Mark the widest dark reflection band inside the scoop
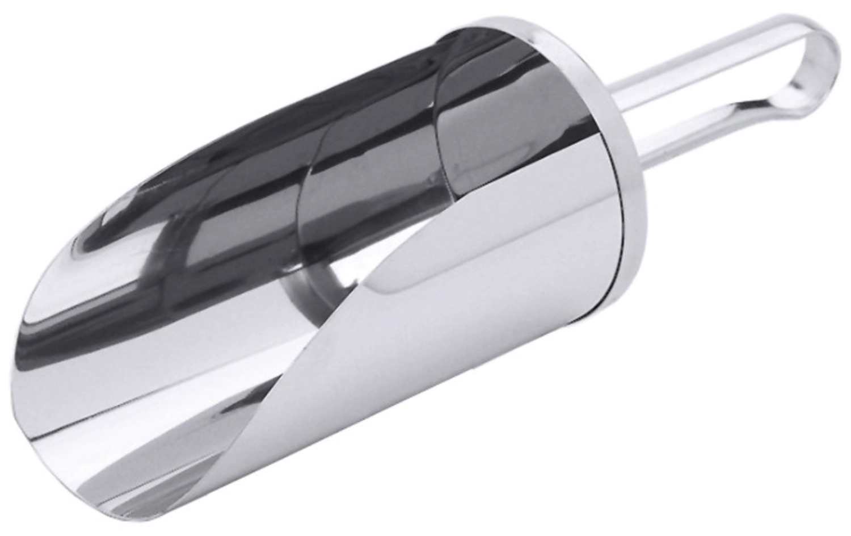(x=318, y=114)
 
